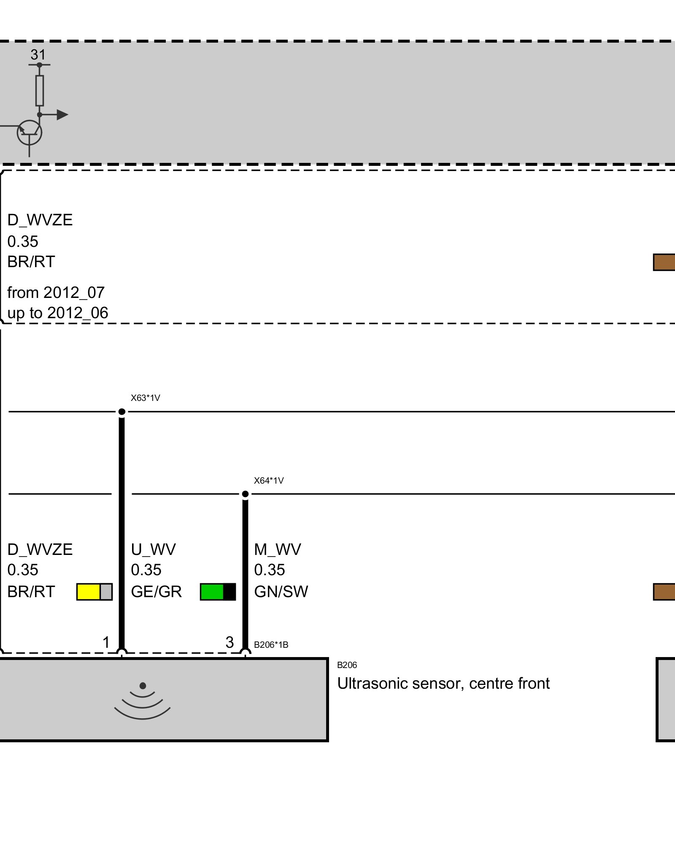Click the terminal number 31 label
click(x=38, y=55)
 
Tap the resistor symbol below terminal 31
click(x=40, y=90)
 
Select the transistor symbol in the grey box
click(x=30, y=133)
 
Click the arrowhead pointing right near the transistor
click(x=62, y=114)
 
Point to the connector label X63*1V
click(x=145, y=398)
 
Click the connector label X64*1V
click(x=269, y=481)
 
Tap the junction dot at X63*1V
click(x=121, y=411)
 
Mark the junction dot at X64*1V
click(x=245, y=494)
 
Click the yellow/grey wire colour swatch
click(x=94, y=592)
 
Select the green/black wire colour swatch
click(x=218, y=592)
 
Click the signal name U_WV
click(x=153, y=549)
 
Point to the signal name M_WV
click(x=278, y=549)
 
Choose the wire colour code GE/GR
click(x=156, y=592)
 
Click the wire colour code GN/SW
click(x=281, y=592)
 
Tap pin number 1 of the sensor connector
click(x=106, y=642)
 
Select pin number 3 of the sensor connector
click(x=229, y=642)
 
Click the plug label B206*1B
click(x=271, y=645)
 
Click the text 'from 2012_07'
click(x=56, y=292)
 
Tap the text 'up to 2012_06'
click(x=58, y=313)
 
